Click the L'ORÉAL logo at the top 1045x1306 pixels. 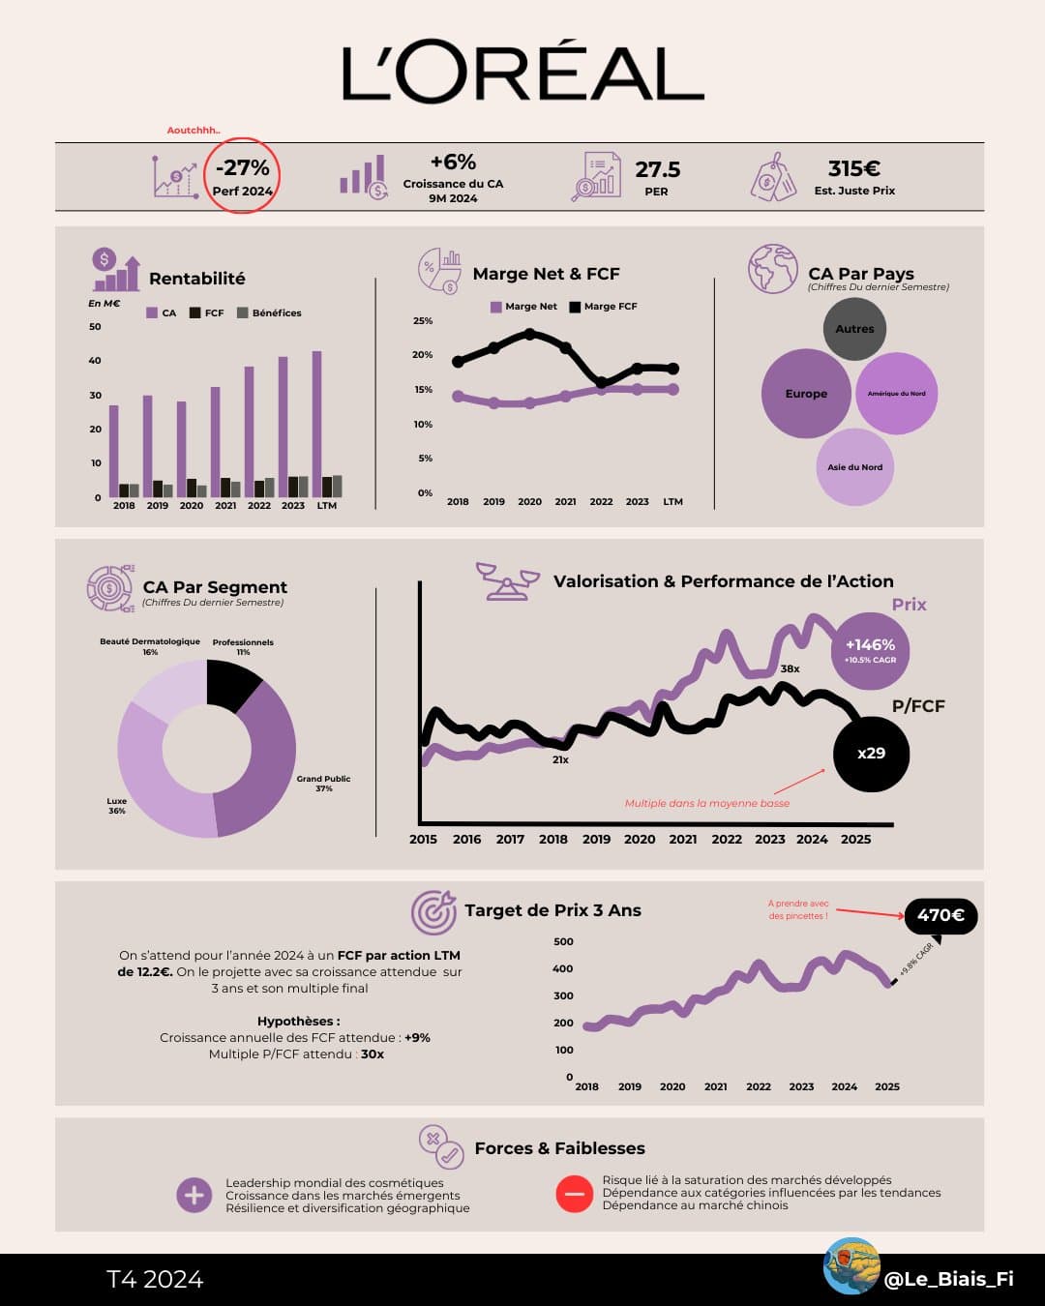click(522, 74)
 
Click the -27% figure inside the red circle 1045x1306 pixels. click(243, 168)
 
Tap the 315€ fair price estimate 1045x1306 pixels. click(853, 169)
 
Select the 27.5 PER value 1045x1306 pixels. click(657, 169)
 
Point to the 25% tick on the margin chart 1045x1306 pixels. click(423, 321)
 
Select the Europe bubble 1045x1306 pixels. click(806, 394)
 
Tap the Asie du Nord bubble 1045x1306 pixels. click(855, 467)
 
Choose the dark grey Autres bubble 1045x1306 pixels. click(854, 329)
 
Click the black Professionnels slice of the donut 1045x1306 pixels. click(231, 682)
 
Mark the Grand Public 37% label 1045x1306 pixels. click(323, 784)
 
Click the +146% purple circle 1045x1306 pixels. click(870, 649)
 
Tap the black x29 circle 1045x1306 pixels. click(871, 753)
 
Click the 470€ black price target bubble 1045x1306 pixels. click(940, 915)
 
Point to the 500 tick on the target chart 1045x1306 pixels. click(563, 941)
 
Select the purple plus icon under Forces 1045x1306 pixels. click(194, 1195)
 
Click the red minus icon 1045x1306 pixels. click(574, 1194)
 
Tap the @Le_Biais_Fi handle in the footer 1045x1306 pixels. click(948, 1279)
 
